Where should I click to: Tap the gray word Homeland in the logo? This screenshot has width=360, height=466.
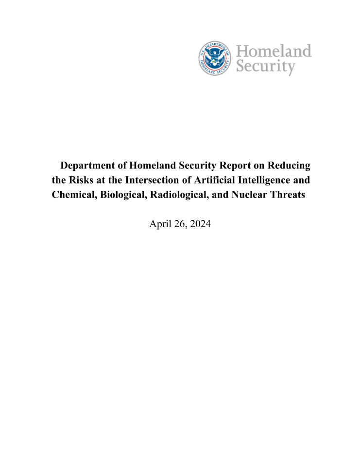(x=274, y=51)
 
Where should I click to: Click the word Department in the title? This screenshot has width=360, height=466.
(x=88, y=166)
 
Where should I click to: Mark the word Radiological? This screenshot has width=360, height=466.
(x=180, y=196)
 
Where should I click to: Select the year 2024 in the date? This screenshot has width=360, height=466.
(x=200, y=224)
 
